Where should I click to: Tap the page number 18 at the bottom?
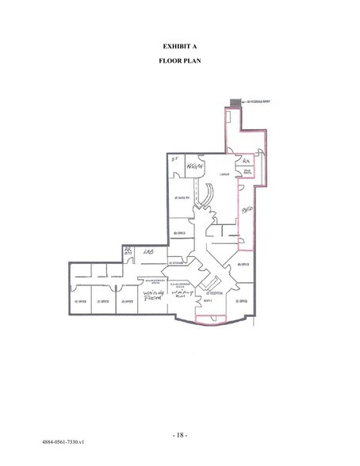tap(180, 435)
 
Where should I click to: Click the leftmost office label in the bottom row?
tap(79, 301)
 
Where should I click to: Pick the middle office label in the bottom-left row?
tap(102, 301)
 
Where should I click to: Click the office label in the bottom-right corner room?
tap(245, 300)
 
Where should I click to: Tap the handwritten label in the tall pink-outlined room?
tap(247, 209)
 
